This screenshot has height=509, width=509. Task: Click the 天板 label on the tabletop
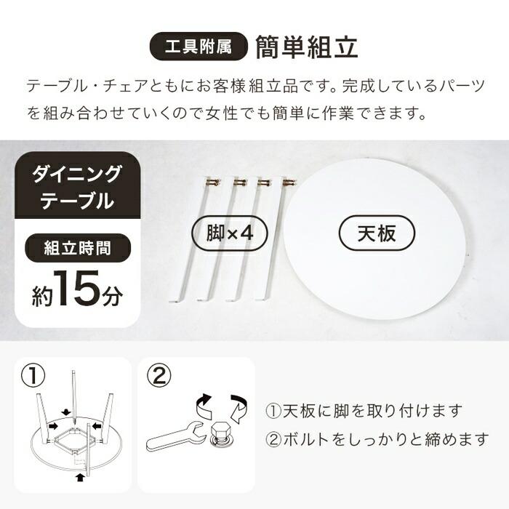(x=377, y=233)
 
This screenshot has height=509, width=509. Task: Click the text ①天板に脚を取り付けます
(x=364, y=411)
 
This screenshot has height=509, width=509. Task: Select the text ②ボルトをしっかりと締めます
(x=376, y=440)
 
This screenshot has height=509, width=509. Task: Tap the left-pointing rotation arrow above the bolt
(x=203, y=402)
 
